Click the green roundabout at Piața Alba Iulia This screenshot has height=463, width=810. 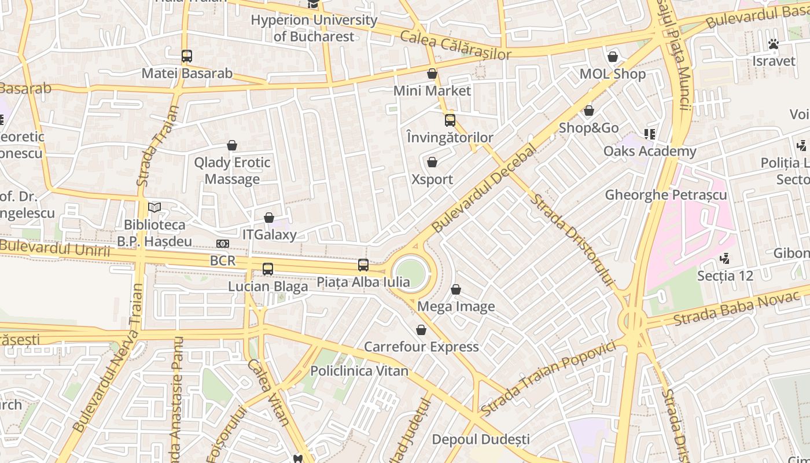point(411,273)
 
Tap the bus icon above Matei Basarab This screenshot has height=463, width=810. point(186,56)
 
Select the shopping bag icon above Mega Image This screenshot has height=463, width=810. point(456,289)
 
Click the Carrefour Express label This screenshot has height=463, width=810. point(421,347)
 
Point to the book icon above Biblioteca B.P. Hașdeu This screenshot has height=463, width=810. point(154,207)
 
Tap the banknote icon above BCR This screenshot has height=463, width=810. point(223,244)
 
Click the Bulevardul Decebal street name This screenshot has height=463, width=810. point(484,189)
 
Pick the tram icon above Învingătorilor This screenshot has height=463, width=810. point(450,120)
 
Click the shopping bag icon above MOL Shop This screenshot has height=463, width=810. point(613,57)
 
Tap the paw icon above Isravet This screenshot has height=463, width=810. point(774,44)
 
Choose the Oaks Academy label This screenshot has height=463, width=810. point(650,151)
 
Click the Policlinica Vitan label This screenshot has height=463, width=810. point(359,370)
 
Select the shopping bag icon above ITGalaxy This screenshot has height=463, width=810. point(269,218)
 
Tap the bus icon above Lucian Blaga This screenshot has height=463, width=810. point(267,269)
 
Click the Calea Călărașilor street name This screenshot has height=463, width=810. point(456,46)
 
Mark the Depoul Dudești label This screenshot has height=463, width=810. point(481,439)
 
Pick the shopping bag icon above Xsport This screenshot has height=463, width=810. point(432,162)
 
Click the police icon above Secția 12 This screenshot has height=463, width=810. point(724,258)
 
